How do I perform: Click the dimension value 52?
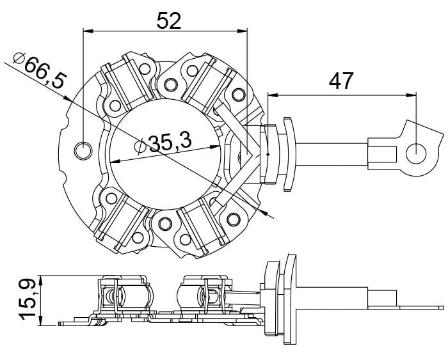tap(169, 21)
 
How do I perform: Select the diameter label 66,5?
tap(45, 72)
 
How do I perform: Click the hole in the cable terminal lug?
tap(416, 153)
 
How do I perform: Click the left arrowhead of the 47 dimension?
tap(273, 95)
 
